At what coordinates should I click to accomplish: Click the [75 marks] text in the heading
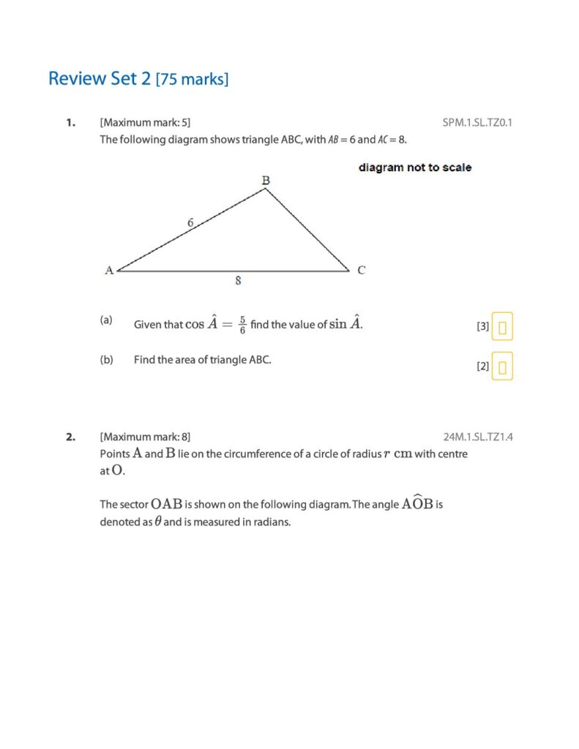coord(193,80)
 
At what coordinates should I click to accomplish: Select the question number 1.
coord(70,122)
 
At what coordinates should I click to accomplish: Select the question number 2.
coord(70,437)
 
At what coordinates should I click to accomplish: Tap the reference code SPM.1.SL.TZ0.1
coord(477,122)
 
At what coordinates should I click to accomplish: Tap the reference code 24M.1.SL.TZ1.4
coord(477,437)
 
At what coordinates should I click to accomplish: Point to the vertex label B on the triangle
coord(266,179)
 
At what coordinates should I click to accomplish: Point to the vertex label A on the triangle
coord(109,270)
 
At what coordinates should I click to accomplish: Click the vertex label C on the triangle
coord(362,270)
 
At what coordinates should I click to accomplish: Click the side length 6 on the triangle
coord(190,222)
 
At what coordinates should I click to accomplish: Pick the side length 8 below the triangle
coord(239,280)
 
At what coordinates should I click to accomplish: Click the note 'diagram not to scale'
coord(415,168)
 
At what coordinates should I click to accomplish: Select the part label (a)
coord(106,320)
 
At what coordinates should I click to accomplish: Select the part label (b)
coord(106,360)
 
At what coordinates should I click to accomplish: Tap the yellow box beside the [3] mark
coord(502,327)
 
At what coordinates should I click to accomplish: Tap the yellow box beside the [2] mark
coord(502,366)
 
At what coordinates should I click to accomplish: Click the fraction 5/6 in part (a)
coord(242,325)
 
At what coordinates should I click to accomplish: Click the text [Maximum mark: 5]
coord(145,122)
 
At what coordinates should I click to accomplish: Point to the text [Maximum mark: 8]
coord(145,437)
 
